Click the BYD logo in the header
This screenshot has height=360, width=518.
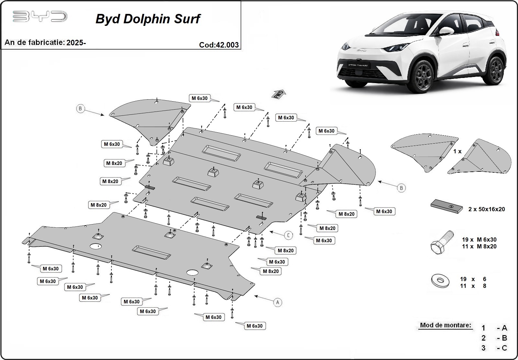tap(40, 16)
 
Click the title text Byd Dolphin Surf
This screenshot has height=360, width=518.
tap(148, 19)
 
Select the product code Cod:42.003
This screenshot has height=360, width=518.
tap(219, 45)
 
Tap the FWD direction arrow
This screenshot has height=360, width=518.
tap(279, 94)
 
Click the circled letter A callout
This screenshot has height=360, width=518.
tap(277, 302)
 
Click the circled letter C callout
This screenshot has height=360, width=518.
tap(288, 235)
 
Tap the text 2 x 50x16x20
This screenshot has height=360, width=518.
tap(486, 209)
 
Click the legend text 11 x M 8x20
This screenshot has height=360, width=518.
tap(479, 246)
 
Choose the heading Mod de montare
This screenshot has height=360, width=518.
tap(445, 325)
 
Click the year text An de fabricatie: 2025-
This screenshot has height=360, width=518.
tap(45, 42)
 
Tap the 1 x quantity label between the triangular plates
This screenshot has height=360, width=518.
tap(457, 151)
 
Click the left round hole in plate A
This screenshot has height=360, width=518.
tap(96, 246)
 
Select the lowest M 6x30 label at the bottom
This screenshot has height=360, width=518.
tap(254, 326)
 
